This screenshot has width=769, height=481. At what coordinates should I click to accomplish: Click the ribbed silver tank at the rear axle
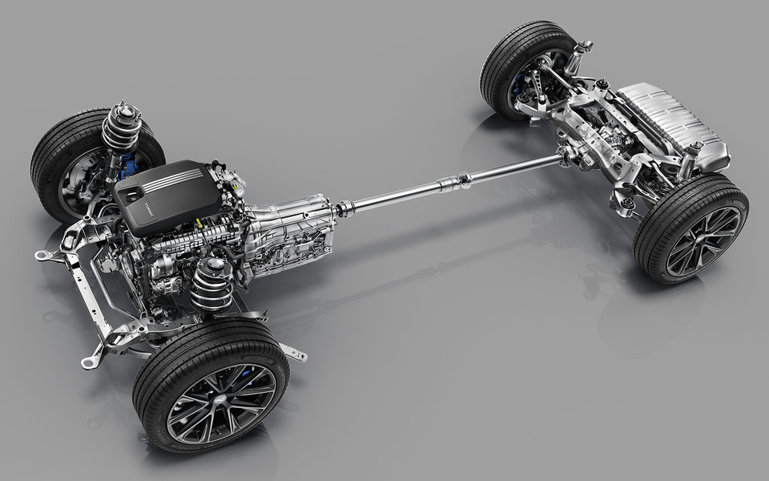[669, 120]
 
